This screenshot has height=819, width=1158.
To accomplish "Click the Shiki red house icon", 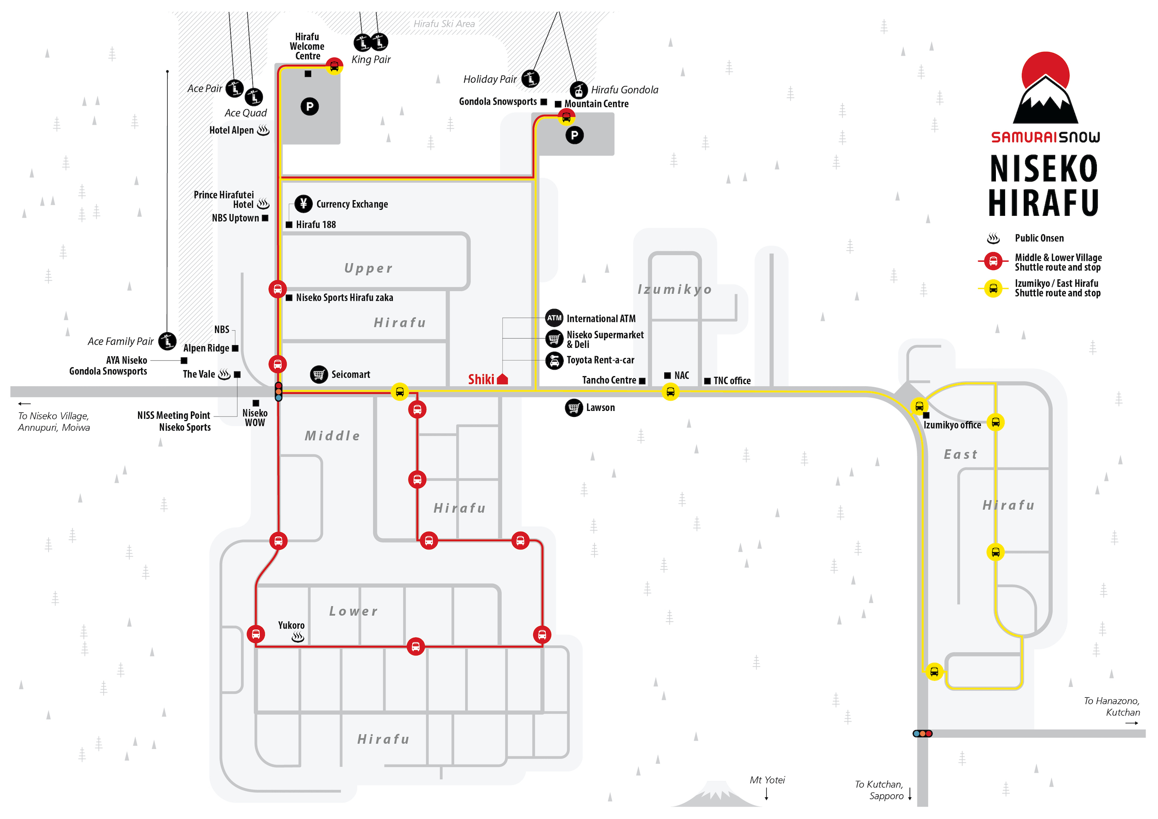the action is click(502, 379).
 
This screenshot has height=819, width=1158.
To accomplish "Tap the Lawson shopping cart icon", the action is click(574, 408).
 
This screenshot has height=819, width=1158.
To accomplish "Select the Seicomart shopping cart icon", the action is click(319, 374).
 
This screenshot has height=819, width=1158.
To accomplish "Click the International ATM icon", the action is click(554, 318).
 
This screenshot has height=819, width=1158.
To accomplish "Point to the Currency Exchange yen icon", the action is click(303, 203).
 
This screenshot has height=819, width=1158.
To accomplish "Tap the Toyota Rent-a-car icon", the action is click(554, 360).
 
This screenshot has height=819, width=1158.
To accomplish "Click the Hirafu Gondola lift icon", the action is click(579, 90).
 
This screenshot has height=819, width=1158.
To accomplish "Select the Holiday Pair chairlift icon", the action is click(530, 79).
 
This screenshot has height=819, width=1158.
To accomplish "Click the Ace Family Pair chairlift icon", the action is click(167, 341).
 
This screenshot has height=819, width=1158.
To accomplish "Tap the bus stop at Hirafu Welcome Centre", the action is click(334, 66).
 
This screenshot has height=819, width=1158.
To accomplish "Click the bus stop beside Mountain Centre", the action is click(566, 118).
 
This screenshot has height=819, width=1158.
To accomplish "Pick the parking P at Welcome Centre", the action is click(310, 107).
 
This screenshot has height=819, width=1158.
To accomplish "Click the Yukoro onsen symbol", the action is click(298, 637).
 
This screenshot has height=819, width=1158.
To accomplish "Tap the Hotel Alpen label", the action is click(232, 130).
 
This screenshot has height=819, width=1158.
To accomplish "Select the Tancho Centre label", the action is click(609, 380).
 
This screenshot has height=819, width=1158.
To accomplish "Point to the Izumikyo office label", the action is click(952, 425).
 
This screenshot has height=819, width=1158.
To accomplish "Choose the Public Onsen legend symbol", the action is click(993, 238).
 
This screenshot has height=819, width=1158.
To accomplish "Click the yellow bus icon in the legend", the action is click(993, 289).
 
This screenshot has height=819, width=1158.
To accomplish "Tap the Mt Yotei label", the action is click(767, 780).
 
